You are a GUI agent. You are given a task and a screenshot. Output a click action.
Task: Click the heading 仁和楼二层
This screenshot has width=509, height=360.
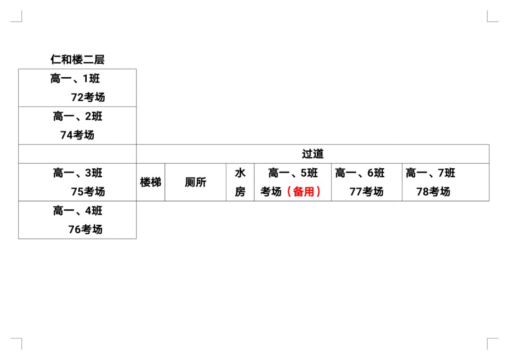coord(77,59)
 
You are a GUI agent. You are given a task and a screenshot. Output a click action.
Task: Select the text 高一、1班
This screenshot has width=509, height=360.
coord(75,79)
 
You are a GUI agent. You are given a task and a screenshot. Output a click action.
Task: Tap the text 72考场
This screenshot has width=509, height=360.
coord(88,97)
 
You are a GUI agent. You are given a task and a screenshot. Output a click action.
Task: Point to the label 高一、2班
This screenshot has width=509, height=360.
coord(78,116)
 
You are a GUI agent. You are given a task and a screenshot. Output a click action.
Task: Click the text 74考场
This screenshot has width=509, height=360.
coord(77,135)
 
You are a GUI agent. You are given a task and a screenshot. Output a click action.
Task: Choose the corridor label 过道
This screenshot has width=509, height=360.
coord(312,154)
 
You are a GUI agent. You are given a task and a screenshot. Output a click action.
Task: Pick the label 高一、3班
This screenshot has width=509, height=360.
coord(78,173)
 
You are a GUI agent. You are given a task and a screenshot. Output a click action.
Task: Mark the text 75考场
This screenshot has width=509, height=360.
coord(88,191)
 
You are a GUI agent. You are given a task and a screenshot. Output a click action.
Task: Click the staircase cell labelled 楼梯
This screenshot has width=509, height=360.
coord(151,182)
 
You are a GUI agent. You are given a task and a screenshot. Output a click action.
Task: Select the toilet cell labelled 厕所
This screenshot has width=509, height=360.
coord(196,182)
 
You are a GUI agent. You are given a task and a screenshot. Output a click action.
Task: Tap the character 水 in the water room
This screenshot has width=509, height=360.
coord(240,173)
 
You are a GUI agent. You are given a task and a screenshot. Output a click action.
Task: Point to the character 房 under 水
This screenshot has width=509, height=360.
coord(240,191)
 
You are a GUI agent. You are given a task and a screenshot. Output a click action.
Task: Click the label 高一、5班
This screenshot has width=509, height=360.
coord(293,173)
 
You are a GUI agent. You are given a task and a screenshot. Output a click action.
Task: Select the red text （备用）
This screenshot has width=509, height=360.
coord(304,191)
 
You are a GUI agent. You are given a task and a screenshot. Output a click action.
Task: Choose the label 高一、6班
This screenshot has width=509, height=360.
coord(360,173)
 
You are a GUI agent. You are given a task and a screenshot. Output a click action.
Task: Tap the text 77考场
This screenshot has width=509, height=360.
coord(367,191)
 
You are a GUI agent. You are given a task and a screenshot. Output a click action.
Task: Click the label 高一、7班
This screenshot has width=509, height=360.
coord(430,173)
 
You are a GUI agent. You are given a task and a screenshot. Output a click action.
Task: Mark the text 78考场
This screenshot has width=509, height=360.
coord(434,191)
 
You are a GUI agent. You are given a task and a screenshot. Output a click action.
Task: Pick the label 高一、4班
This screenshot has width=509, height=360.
coord(78,211)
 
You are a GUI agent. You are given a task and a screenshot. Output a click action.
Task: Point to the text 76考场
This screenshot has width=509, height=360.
coord(85,229)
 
